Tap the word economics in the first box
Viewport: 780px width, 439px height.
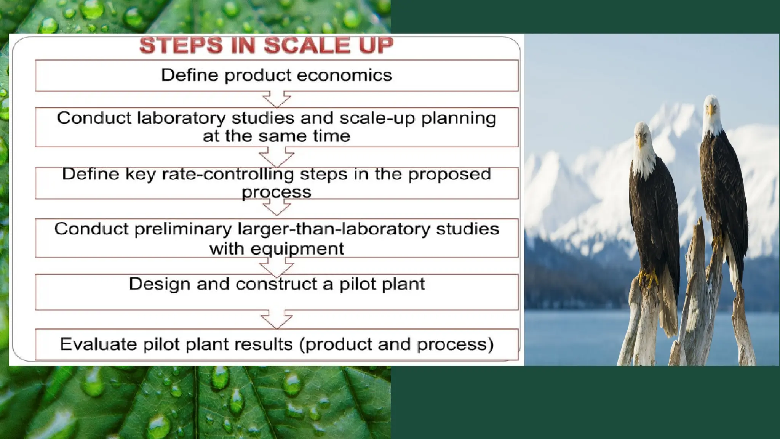pos(344,75)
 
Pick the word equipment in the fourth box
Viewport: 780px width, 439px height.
pos(297,249)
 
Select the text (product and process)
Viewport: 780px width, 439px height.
pos(396,344)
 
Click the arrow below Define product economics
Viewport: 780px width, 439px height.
pos(277,99)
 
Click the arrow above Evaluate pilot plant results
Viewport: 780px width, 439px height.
pos(277,319)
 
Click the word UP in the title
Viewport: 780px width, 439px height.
pos(376,45)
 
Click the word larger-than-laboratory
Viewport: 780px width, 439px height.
pos(334,229)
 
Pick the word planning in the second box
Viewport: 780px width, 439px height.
pos(459,118)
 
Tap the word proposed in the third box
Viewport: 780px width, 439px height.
pos(449,174)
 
